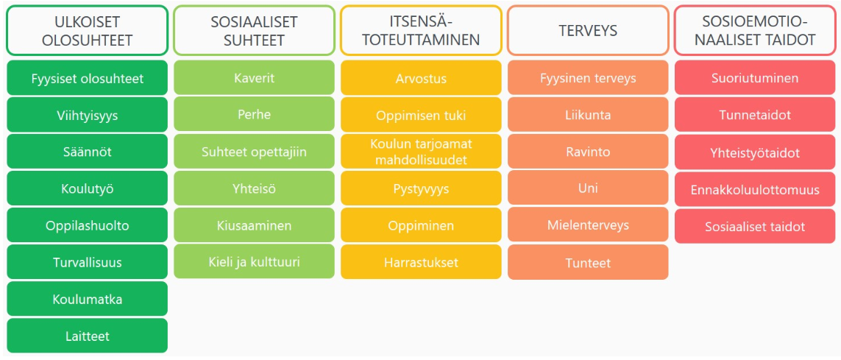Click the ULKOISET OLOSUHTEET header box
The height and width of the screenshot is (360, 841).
(87, 31)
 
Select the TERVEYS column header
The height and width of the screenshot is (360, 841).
(588, 31)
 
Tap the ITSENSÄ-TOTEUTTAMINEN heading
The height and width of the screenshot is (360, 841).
(421, 31)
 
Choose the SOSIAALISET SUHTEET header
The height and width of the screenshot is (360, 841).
(255, 31)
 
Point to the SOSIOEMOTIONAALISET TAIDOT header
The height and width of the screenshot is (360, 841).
(755, 31)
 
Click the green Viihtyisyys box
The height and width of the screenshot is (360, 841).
(87, 115)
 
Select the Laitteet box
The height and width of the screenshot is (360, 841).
(87, 336)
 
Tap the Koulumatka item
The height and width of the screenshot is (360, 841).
(87, 299)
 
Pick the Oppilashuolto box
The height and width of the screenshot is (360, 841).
(87, 225)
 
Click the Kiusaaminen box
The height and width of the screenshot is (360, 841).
(255, 225)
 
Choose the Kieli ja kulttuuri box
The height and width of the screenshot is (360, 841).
(255, 262)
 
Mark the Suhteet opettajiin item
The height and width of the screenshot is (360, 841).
(255, 152)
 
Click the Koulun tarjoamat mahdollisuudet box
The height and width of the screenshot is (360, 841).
(421, 152)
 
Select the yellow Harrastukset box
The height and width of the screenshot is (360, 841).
(421, 262)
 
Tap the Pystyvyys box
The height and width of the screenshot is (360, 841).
(421, 189)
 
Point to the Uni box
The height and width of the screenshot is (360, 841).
(588, 188)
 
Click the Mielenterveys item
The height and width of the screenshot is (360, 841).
(588, 225)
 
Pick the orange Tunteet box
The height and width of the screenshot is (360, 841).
(588, 262)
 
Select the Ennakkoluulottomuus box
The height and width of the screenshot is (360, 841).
(755, 189)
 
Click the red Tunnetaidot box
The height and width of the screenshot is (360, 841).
(755, 115)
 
